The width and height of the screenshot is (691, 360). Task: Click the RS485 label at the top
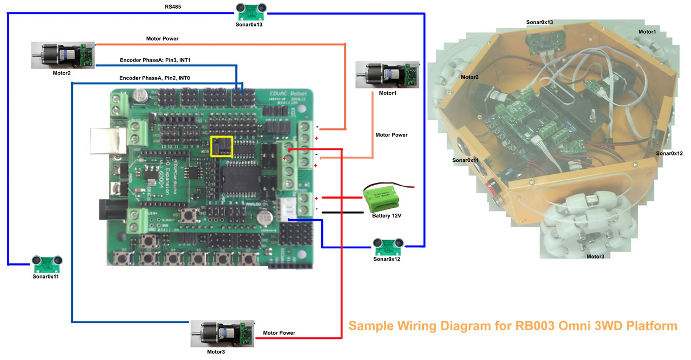coord(173,7)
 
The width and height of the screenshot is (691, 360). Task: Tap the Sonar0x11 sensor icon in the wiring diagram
coord(48,264)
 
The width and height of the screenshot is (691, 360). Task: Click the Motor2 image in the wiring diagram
coord(62,55)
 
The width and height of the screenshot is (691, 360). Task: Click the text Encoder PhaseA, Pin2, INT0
coord(154,78)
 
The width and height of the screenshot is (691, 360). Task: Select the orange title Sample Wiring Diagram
coord(512,326)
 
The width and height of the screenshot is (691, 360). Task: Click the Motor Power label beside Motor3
coord(279,333)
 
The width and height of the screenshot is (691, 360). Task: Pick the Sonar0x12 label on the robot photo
coord(669,153)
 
